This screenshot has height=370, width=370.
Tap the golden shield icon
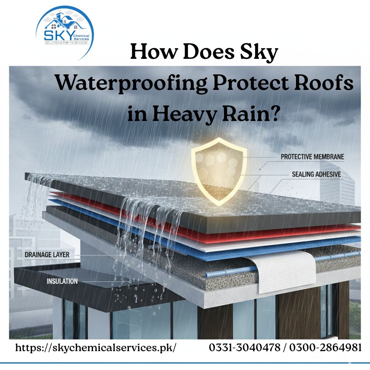tap(219, 170)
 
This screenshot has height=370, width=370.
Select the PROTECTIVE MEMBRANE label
tap(312, 157)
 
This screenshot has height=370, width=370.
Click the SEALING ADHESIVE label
tap(316, 174)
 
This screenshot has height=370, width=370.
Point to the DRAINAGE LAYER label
tap(47, 255)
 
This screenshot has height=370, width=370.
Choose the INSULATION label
tap(62, 281)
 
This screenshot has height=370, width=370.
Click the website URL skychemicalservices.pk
tap(95, 348)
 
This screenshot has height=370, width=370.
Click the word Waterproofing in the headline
tap(131, 84)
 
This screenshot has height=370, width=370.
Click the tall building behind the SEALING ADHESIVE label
tap(339, 192)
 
